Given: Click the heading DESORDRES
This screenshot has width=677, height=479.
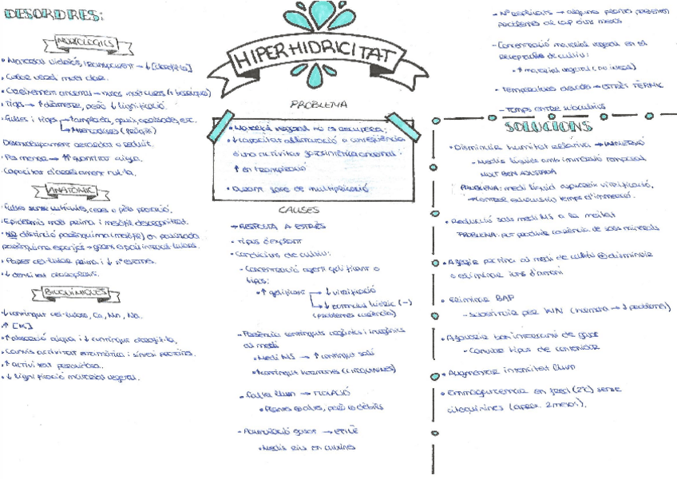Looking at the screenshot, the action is pos(53,14).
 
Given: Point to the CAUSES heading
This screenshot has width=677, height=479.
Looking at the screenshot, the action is pos(299,210).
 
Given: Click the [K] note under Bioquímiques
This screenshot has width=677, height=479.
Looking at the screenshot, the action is pos(18,326).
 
